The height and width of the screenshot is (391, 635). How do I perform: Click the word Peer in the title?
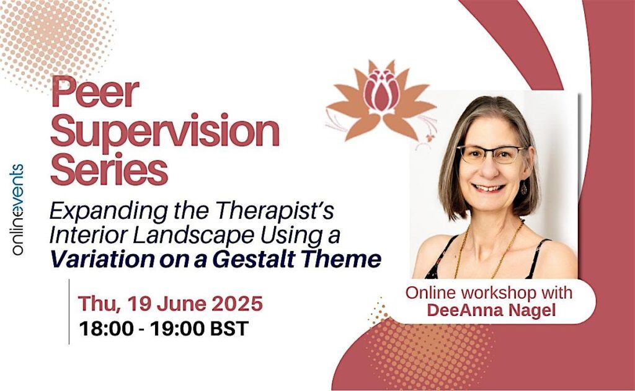pyautogui.click(x=95, y=92)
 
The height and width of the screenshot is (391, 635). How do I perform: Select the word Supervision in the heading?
pyautogui.click(x=165, y=131)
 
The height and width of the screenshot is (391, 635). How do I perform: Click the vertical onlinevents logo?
pyautogui.click(x=17, y=209)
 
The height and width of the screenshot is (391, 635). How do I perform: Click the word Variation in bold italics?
pyautogui.click(x=102, y=259)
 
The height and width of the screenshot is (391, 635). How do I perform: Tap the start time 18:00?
pyautogui.click(x=106, y=328)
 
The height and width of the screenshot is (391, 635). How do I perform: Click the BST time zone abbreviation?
pyautogui.click(x=229, y=328)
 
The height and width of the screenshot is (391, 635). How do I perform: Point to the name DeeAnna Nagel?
pyautogui.click(x=491, y=310)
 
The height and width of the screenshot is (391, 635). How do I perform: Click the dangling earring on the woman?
pyautogui.click(x=523, y=187)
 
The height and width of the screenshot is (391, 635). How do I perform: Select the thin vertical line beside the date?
pyautogui.click(x=69, y=312)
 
